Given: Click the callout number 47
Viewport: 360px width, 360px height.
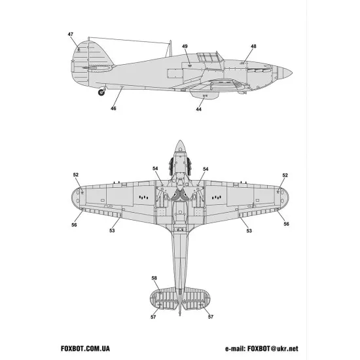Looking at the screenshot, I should point(70,33).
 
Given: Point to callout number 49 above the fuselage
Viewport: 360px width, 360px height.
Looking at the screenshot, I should point(185,46).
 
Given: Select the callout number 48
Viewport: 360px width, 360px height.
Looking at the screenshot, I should point(253,46).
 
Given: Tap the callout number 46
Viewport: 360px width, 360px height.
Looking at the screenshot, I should point(113,108).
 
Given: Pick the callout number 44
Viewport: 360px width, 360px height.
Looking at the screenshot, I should point(199,109).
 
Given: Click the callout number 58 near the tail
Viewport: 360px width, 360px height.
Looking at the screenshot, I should point(154,278).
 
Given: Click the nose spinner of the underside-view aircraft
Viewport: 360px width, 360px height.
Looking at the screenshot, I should point(180,148).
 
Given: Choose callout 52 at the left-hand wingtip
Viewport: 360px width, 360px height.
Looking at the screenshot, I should point(76,175).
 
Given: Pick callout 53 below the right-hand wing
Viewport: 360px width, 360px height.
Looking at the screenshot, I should point(249,230).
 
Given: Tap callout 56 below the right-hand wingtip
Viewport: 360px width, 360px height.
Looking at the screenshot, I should point(286,225).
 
